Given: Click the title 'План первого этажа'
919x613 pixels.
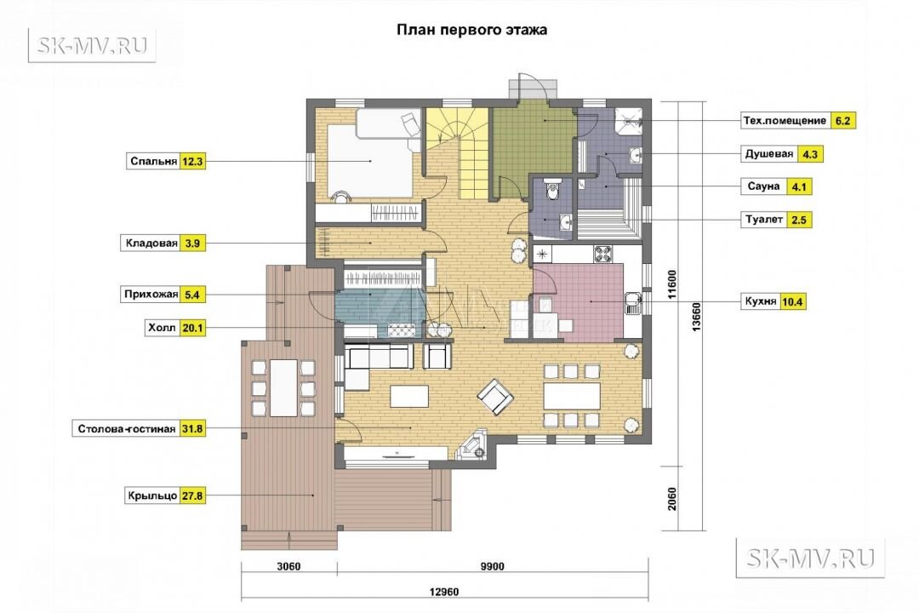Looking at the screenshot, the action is coord(471,30).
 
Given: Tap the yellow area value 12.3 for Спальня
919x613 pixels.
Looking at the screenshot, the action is coord(192,161).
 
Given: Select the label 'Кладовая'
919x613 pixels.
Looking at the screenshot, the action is coord(151,243).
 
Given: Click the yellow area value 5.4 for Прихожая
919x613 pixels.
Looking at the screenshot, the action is coord(192,295).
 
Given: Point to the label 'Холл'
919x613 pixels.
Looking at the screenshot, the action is coord(162,328).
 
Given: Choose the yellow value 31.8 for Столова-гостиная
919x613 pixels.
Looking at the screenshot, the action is coord(191,429).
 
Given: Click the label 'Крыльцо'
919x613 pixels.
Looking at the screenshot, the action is coord(152,496).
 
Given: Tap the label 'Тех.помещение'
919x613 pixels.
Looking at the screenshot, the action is coord(785,121).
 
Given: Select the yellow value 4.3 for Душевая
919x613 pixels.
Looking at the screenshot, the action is coord(810,155).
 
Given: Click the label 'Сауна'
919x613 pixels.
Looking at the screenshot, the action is coord(763,186).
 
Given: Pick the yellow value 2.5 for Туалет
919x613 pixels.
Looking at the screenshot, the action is coord(799,221).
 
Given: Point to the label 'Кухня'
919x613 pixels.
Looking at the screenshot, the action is coord(761,301).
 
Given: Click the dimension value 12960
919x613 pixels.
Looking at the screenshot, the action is coord(443,592).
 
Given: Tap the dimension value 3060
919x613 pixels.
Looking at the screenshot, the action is coord(288,566).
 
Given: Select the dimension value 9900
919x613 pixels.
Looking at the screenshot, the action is coord(493,566).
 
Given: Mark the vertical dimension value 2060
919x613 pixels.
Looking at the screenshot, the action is coord(672,499).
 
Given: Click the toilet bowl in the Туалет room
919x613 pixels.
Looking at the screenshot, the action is coord(551,188).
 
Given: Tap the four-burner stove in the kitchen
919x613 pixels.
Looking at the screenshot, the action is coord(603,254).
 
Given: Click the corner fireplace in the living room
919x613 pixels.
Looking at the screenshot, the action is coord(473,445).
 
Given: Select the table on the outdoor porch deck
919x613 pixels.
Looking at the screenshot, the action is coord(283,387).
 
